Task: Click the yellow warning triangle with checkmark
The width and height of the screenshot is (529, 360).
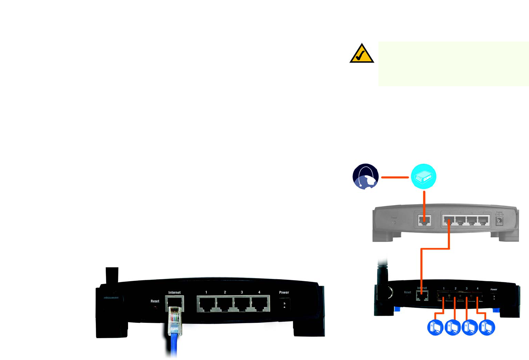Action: tap(362, 54)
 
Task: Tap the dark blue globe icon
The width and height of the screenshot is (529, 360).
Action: tap(366, 176)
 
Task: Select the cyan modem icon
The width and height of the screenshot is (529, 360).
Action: tap(423, 176)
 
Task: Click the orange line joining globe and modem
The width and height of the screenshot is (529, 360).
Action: tap(395, 177)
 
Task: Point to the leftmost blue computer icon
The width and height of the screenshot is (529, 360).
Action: tap(435, 327)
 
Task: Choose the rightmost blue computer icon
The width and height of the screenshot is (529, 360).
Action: tap(487, 327)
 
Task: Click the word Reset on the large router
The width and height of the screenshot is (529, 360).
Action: tap(155, 301)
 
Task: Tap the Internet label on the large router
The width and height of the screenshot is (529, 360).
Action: tap(175, 292)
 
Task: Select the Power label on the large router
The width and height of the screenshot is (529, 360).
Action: tap(284, 292)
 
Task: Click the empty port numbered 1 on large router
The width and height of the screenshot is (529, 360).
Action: tap(206, 305)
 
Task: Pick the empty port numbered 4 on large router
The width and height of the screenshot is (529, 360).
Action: tap(260, 305)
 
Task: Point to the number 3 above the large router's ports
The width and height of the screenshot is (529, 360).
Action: tap(242, 292)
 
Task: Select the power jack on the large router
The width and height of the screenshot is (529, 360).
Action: tap(284, 305)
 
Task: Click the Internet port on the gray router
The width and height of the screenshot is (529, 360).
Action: tap(424, 220)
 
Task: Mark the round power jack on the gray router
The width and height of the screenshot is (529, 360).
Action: tap(499, 221)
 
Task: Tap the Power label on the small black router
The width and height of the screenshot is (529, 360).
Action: tap(494, 290)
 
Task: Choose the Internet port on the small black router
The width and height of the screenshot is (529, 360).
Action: tap(422, 296)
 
